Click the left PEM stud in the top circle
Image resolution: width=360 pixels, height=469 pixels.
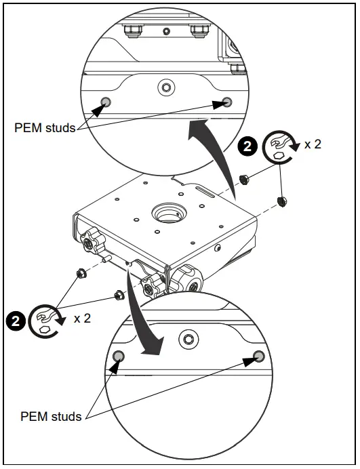click(105, 102)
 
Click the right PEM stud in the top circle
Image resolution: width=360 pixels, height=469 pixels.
click(226, 102)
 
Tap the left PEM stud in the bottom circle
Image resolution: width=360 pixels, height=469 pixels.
click(118, 356)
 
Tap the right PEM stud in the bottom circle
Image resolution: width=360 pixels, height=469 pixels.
click(258, 356)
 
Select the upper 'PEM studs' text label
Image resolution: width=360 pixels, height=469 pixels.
click(45, 127)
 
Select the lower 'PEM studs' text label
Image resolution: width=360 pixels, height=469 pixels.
click(52, 416)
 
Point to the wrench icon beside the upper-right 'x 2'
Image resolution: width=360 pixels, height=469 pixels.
click(279, 145)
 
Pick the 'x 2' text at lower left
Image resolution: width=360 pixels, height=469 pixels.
click(81, 318)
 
